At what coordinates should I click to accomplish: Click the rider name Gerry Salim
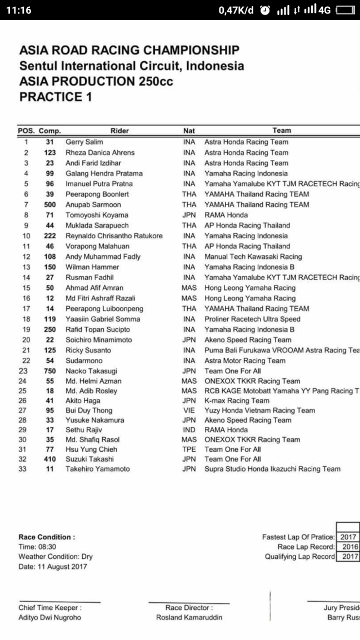84,142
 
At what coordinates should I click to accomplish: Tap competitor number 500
49,204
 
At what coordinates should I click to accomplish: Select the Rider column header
119,131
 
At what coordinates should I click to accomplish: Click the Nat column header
189,131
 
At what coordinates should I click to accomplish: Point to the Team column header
282,131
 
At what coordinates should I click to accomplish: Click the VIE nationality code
189,411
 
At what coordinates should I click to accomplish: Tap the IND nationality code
189,430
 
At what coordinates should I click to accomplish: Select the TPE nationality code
189,449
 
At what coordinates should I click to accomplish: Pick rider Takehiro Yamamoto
98,469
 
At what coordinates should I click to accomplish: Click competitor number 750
49,371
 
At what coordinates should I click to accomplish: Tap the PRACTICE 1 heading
56,97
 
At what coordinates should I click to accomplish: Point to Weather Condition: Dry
56,557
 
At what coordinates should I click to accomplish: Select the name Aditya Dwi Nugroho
49,618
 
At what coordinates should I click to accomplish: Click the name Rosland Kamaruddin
189,618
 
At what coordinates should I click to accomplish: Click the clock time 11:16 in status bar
19,11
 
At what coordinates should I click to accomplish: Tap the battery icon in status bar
345,11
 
